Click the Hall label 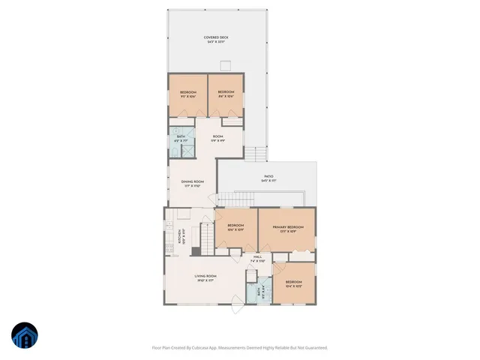256,257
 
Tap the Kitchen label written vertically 179,237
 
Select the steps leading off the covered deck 256,154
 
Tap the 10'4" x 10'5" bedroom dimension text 294,286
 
